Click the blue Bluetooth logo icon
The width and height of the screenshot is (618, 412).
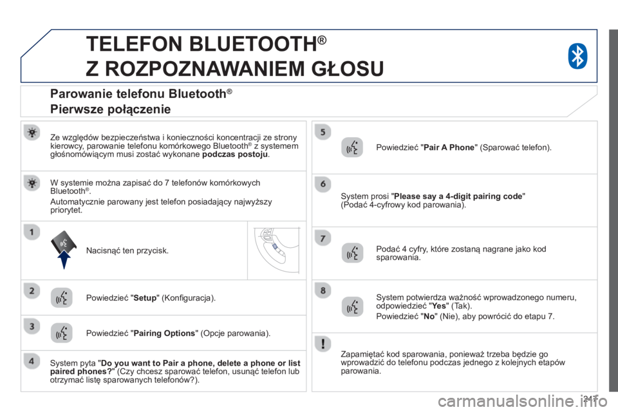coord(577,56)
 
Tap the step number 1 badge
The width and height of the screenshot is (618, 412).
coord(32,232)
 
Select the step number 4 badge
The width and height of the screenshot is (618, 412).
coord(32,361)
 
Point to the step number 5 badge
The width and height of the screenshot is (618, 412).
coord(323,132)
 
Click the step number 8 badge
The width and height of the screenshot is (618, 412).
coord(323,290)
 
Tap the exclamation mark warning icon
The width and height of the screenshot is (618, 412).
coord(323,343)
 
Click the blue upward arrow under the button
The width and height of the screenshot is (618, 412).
coord(64,259)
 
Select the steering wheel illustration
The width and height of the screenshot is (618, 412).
coord(276,250)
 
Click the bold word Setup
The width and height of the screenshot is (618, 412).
coord(145,298)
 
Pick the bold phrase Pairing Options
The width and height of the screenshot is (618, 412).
coord(164,333)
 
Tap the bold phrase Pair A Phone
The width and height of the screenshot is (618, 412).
coord(449,147)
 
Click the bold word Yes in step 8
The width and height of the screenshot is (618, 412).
coord(440,306)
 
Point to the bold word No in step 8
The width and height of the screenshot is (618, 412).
coord(429,316)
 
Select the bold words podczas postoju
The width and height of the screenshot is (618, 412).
coord(235,154)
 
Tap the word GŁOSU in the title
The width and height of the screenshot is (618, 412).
coord(348,69)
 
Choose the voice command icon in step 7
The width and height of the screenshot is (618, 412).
coord(352,253)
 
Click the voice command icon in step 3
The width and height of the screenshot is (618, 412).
coord(62,333)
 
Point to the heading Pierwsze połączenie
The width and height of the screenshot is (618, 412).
coord(110,109)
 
